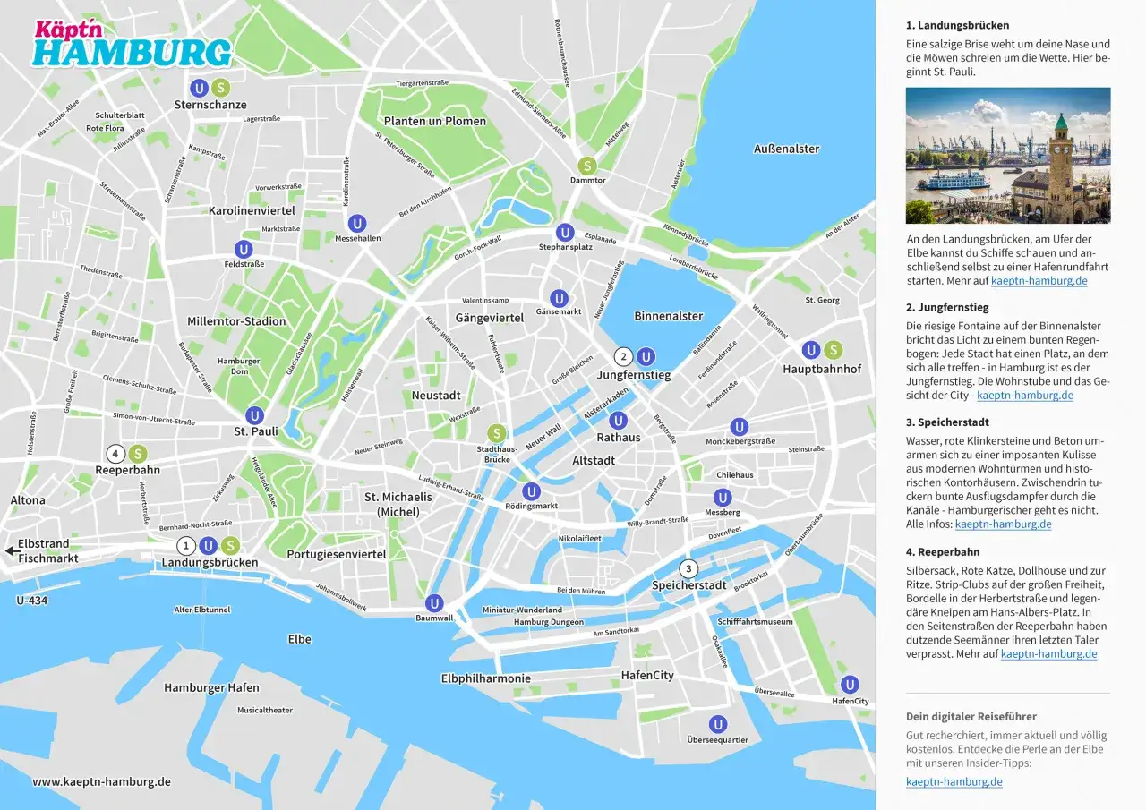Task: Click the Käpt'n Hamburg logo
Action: point(131,43)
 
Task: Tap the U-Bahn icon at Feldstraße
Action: point(244,249)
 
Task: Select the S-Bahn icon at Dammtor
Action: point(587,166)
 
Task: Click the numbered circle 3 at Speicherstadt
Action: point(688,568)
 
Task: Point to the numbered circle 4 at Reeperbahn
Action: point(115,454)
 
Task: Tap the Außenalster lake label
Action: point(786,149)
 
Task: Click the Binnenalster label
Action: point(668,316)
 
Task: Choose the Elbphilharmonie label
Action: point(485,678)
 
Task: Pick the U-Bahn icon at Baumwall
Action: point(434,603)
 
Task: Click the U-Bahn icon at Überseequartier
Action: point(717,724)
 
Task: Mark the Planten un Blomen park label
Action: point(434,121)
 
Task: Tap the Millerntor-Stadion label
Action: point(236,321)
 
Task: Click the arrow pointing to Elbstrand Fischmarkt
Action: point(9,551)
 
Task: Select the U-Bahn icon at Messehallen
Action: point(357,224)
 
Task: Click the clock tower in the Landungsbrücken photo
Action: point(1061,157)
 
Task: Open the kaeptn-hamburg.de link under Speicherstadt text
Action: point(1003,524)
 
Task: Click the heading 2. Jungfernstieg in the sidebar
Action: point(947,307)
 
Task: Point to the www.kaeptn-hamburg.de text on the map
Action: point(101,781)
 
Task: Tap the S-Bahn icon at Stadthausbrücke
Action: point(496,433)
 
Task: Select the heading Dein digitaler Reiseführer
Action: point(971,716)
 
